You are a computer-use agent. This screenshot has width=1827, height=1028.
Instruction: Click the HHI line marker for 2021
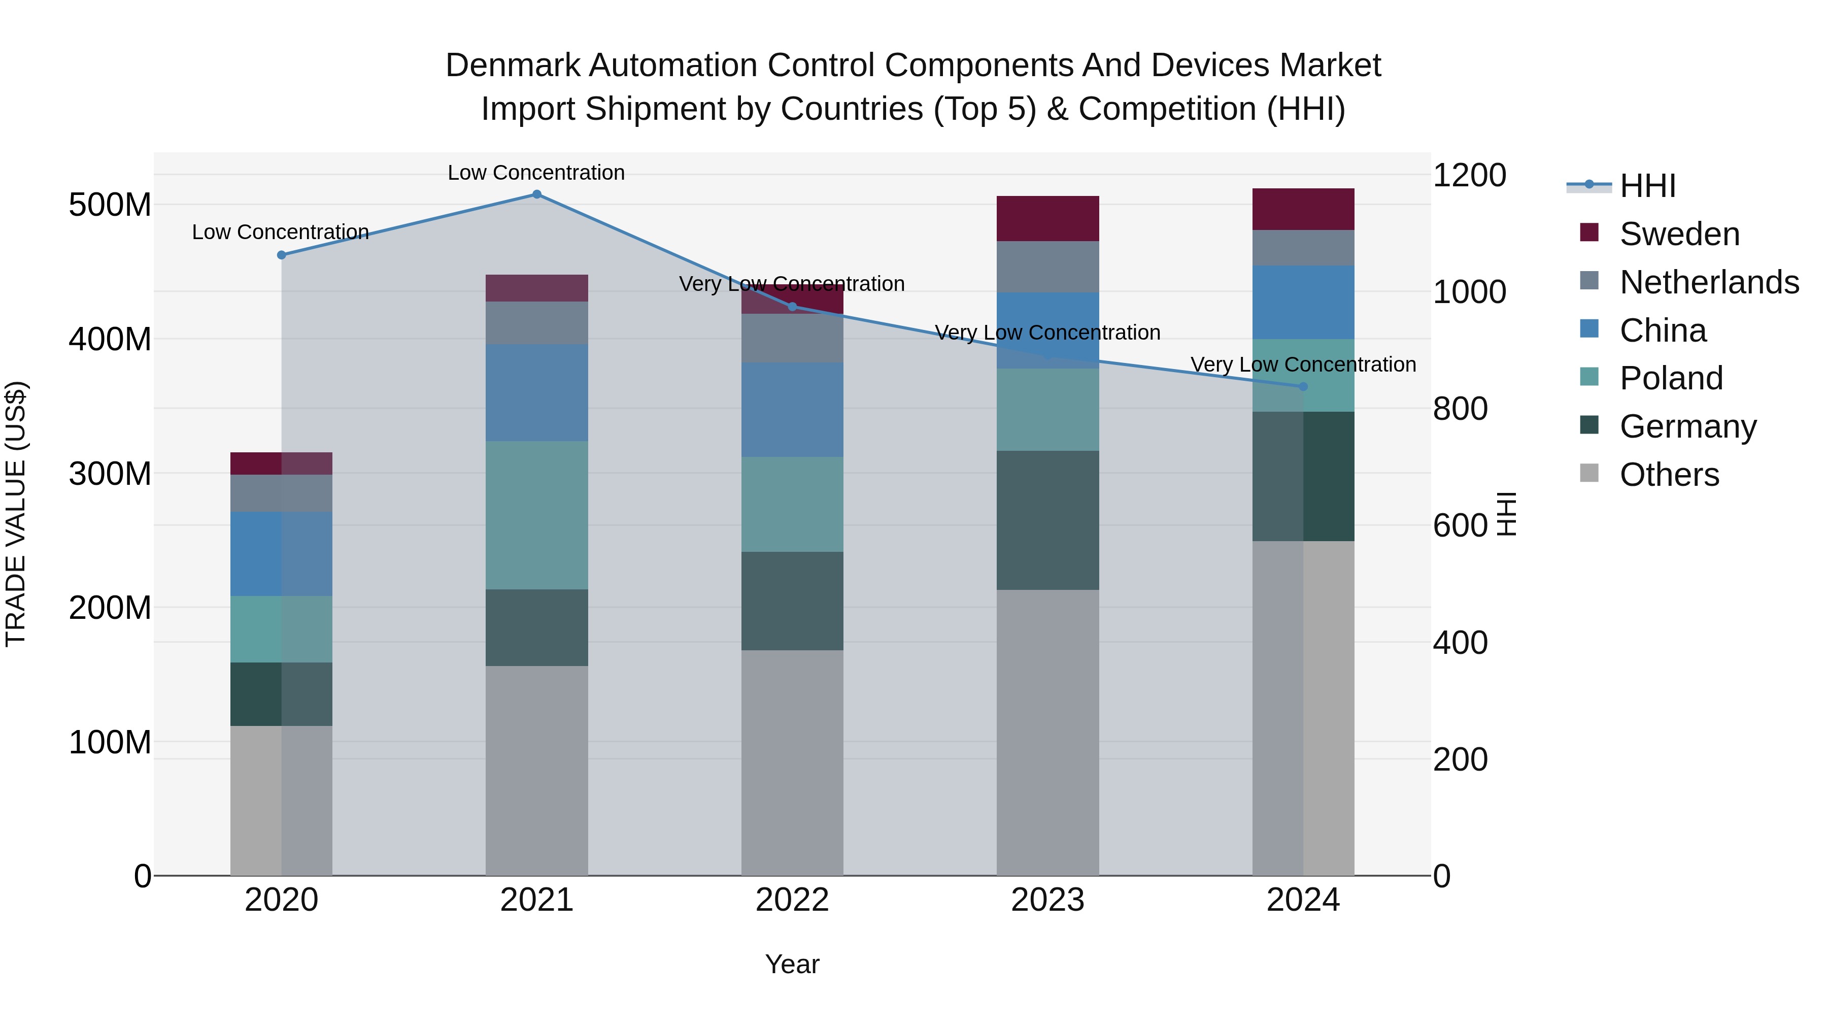coord(536,194)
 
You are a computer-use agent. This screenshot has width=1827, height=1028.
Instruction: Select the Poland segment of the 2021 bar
coord(536,515)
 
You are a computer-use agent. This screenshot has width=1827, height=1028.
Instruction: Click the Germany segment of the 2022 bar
coord(792,601)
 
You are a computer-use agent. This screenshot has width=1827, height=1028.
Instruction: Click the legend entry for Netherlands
coord(1709,282)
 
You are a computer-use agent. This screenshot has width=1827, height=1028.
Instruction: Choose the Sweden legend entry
coord(1679,234)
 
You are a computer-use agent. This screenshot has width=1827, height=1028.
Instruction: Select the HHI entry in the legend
coord(1647,186)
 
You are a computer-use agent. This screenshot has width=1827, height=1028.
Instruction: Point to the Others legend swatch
coord(1589,473)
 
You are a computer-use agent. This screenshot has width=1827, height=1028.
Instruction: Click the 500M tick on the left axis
coord(110,205)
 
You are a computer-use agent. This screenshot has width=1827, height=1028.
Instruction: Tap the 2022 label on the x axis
coord(792,900)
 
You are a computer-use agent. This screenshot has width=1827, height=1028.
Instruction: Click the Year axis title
coord(792,964)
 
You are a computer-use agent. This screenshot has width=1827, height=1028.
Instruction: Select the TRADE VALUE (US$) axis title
coord(16,514)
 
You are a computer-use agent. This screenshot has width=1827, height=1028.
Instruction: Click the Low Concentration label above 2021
coord(536,173)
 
